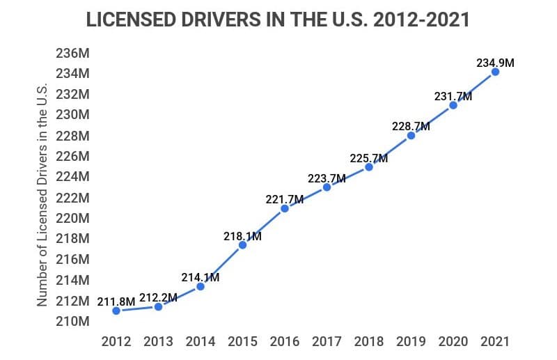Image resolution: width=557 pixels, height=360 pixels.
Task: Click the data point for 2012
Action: [116, 311]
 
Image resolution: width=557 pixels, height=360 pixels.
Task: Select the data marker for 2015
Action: [242, 244]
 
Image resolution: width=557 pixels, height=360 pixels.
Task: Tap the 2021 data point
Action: [495, 72]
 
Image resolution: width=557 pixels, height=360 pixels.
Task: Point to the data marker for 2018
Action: [369, 166]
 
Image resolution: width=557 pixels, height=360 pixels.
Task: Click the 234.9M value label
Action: [495, 63]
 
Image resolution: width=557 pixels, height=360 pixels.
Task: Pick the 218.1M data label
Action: [242, 236]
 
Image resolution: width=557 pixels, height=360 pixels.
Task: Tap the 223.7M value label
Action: [327, 178]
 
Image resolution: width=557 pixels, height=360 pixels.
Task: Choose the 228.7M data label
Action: [411, 127]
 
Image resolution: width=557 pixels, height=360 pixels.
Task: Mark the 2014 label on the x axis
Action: [201, 342]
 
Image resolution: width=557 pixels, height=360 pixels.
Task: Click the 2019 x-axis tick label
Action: [411, 342]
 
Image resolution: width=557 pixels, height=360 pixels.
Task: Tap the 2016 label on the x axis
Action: [285, 342]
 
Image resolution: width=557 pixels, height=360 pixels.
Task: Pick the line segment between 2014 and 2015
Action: [221, 265]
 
